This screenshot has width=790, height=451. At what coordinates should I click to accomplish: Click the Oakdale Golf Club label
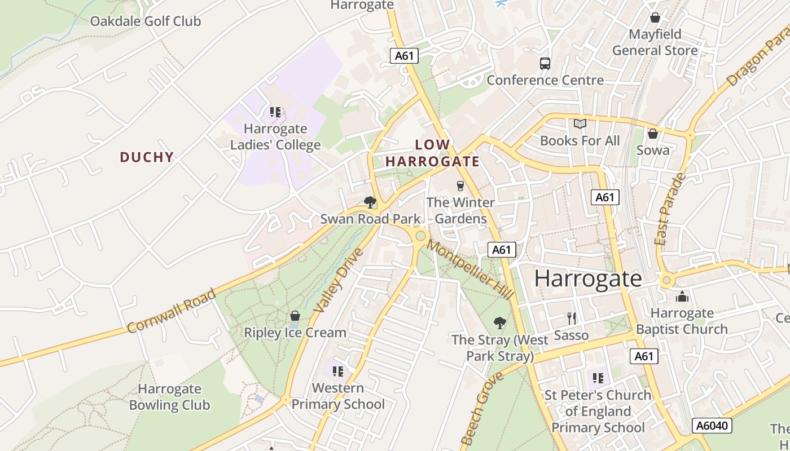click(146, 21)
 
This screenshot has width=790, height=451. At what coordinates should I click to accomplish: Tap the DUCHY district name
click(147, 157)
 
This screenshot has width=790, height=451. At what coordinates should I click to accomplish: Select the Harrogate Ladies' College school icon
click(275, 112)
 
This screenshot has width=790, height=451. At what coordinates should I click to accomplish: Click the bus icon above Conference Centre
click(545, 64)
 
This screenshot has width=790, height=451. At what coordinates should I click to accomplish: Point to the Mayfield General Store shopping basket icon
click(655, 18)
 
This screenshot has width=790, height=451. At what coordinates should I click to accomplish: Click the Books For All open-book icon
click(580, 124)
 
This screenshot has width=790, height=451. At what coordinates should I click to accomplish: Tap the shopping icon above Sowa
click(653, 134)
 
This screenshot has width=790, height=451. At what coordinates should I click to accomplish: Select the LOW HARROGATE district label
click(433, 153)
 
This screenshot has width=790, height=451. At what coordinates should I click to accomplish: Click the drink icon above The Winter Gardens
click(460, 185)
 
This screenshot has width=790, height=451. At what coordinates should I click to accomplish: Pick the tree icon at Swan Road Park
click(370, 202)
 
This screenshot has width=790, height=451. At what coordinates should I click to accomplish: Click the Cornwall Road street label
click(172, 311)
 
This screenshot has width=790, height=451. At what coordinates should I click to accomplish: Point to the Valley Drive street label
click(339, 280)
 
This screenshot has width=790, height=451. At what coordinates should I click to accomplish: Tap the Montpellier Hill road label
click(470, 269)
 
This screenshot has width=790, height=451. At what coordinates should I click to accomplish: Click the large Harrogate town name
click(588, 278)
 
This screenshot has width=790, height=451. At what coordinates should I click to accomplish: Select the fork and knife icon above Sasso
click(572, 319)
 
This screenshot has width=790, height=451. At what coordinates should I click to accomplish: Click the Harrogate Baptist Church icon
click(682, 297)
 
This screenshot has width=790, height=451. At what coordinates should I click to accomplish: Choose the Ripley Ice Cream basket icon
click(295, 316)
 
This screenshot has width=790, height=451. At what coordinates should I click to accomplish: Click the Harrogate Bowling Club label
click(169, 397)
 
